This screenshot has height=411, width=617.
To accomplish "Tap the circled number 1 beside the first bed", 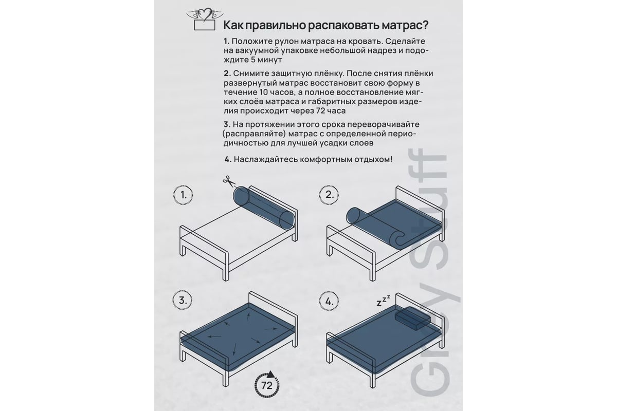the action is coord(183,195).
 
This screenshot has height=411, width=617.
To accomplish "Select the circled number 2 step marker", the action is coord(329,195).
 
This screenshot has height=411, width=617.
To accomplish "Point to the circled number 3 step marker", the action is coord(183,301).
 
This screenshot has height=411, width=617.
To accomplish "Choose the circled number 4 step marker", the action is coord(329,302).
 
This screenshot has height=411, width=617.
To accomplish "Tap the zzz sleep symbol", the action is coord(384,301).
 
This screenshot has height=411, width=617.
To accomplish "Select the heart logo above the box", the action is coord(205,14).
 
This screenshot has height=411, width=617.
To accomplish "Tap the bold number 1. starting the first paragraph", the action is coord(226,41).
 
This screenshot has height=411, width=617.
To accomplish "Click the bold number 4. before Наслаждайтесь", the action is coord(228,159).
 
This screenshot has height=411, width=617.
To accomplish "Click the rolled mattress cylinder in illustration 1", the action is coord(264,208).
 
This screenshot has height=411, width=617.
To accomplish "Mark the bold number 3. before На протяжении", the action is coord(227,124).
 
